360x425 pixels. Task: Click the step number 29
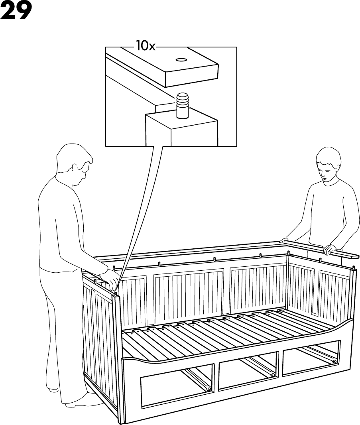point(16,12)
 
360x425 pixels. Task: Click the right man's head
point(329,166)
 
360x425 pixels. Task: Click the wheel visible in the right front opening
point(334,361)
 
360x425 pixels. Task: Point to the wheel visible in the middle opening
point(272,375)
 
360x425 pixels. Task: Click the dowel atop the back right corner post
point(288,252)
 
